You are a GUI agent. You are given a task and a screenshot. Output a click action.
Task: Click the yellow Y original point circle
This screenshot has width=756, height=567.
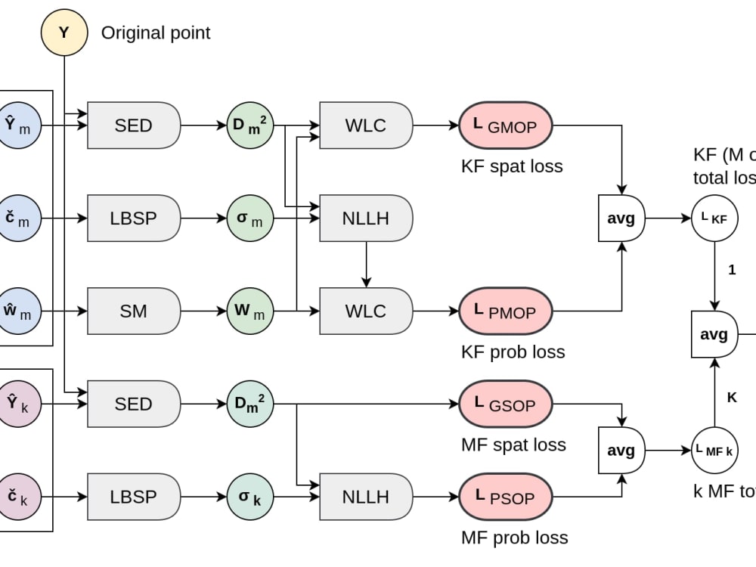(x=64, y=33)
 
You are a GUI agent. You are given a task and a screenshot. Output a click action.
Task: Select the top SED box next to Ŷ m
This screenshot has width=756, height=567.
(x=134, y=125)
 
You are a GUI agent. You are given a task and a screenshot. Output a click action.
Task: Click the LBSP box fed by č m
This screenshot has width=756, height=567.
(x=134, y=218)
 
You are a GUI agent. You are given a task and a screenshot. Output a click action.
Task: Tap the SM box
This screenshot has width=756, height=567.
(x=134, y=311)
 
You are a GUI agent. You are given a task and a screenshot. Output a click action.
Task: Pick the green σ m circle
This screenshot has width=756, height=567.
(x=249, y=218)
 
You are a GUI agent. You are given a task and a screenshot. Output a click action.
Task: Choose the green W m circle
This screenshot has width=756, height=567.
(x=249, y=311)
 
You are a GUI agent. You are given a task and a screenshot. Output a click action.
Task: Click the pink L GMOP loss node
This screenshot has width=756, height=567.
(x=505, y=125)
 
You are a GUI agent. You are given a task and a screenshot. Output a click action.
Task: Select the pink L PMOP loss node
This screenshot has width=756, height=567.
(x=505, y=311)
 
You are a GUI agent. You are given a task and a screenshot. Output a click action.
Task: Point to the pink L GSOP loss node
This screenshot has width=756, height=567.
(x=505, y=404)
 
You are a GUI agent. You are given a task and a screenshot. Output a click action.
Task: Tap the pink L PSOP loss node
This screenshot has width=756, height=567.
(x=505, y=497)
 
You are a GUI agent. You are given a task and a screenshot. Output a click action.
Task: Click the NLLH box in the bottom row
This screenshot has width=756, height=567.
(x=366, y=497)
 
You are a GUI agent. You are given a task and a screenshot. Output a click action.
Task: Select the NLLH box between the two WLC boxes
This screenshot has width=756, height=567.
(x=366, y=218)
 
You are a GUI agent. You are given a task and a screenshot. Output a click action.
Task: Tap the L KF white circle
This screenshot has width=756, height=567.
(x=714, y=218)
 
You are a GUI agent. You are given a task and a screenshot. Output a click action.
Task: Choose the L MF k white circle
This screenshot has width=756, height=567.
(x=714, y=451)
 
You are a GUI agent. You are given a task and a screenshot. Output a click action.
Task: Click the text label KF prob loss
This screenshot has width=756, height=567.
(x=513, y=352)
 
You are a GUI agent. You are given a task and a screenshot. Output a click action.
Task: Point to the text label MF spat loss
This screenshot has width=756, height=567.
(x=513, y=445)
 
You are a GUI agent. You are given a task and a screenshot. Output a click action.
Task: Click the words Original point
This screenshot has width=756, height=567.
(x=156, y=33)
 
